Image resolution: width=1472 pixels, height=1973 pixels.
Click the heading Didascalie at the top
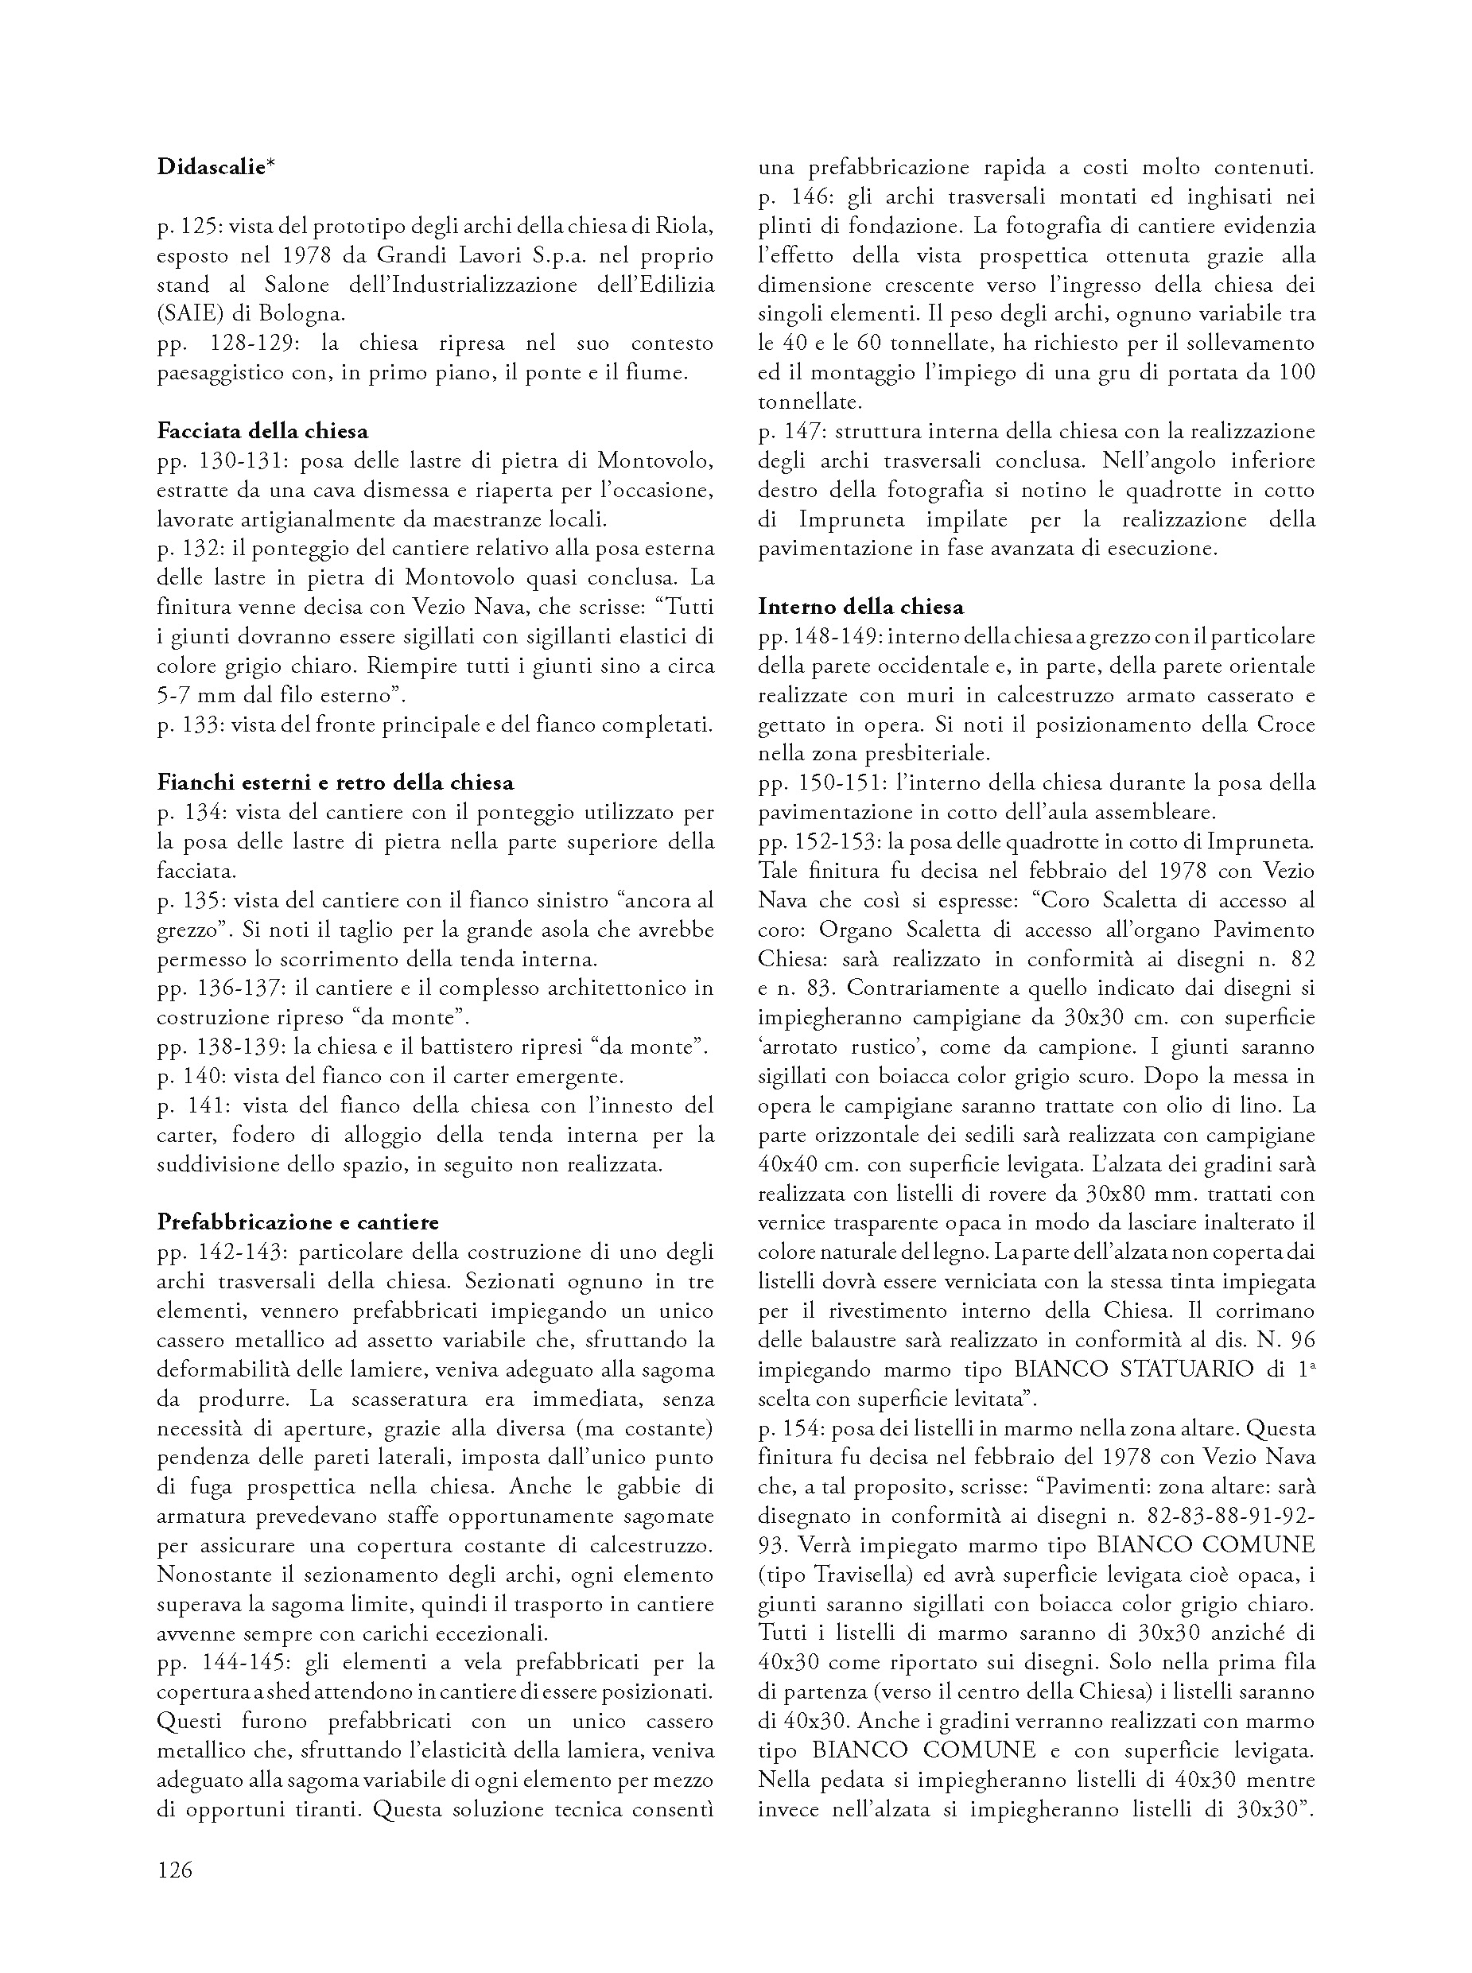(x=215, y=167)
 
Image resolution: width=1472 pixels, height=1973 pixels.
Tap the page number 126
(x=175, y=1870)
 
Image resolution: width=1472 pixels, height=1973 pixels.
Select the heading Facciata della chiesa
(x=263, y=431)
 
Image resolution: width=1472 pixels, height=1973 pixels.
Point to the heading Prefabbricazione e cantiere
(x=297, y=1222)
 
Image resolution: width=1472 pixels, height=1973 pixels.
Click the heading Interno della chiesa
(x=860, y=607)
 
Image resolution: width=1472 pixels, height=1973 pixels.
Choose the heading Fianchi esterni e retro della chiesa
(x=335, y=783)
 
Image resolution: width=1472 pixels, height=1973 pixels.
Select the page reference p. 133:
(x=190, y=724)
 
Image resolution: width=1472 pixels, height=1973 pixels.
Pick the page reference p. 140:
(x=190, y=1076)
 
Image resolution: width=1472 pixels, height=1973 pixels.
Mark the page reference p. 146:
(x=791, y=196)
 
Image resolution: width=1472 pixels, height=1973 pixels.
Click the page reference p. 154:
(x=791, y=1428)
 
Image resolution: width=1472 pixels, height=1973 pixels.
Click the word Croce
(x=1286, y=724)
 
